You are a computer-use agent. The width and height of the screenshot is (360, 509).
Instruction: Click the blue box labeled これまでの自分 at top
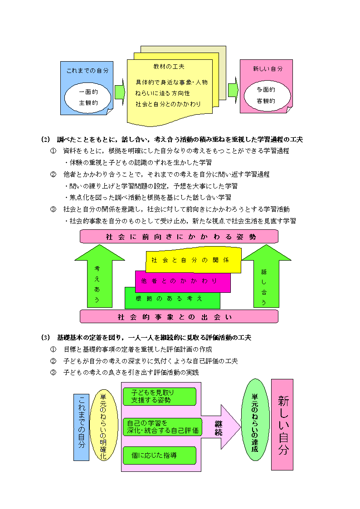pos(87,88)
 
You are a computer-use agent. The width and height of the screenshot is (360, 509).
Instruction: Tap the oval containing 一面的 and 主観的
pos(88,97)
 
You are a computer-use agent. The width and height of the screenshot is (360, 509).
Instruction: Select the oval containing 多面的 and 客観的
pos(267,96)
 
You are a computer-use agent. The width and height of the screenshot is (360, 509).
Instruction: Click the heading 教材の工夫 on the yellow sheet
pos(169,67)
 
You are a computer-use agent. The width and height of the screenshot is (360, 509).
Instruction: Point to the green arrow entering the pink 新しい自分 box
pos(233,90)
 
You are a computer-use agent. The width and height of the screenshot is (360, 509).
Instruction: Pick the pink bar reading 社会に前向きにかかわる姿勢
pos(179,236)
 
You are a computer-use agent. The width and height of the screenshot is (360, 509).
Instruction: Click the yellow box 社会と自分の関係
pos(194,260)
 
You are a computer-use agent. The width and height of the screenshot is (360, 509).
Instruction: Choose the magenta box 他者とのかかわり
pos(183,281)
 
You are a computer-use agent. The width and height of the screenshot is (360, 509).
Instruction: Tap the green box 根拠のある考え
pos(172,298)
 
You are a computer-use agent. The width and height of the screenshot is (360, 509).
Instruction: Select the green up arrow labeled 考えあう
pos(100,276)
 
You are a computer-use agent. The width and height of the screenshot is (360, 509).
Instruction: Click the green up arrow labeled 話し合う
pos(266,276)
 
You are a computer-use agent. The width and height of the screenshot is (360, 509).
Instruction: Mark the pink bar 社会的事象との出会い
pos(179,316)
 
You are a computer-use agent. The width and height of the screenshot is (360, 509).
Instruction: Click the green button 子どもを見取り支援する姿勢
pos(160,396)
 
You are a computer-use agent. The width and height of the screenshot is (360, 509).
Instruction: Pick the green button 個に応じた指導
pos(160,456)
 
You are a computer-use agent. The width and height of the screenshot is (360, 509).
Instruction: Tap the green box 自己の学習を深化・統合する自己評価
pos(162,427)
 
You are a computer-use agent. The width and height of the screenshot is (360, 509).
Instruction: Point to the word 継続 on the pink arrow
pos(219,428)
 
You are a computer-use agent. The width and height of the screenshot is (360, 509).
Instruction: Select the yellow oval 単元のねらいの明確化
pos(103,426)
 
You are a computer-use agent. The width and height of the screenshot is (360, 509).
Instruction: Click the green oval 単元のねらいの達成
pos(255,420)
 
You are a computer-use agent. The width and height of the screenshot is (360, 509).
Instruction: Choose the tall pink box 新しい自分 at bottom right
pos(282,425)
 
